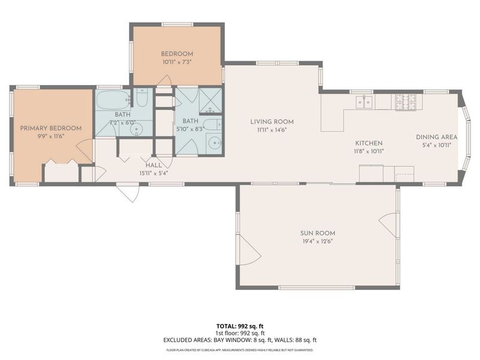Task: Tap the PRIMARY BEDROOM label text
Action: pyautogui.click(x=51, y=128)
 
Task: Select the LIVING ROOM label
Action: pyautogui.click(x=272, y=121)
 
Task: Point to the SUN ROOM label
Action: pyautogui.click(x=317, y=233)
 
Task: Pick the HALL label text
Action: pyautogui.click(x=154, y=165)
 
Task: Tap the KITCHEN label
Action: pyautogui.click(x=369, y=143)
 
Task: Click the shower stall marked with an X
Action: pyautogui.click(x=210, y=100)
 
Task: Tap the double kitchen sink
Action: pyautogui.click(x=364, y=103)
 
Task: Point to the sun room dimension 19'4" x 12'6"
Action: pyautogui.click(x=317, y=241)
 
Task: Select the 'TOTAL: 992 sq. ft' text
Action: pyautogui.click(x=240, y=326)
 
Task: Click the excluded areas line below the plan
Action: pyautogui.click(x=240, y=340)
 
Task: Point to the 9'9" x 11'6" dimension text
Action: pyautogui.click(x=51, y=136)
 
